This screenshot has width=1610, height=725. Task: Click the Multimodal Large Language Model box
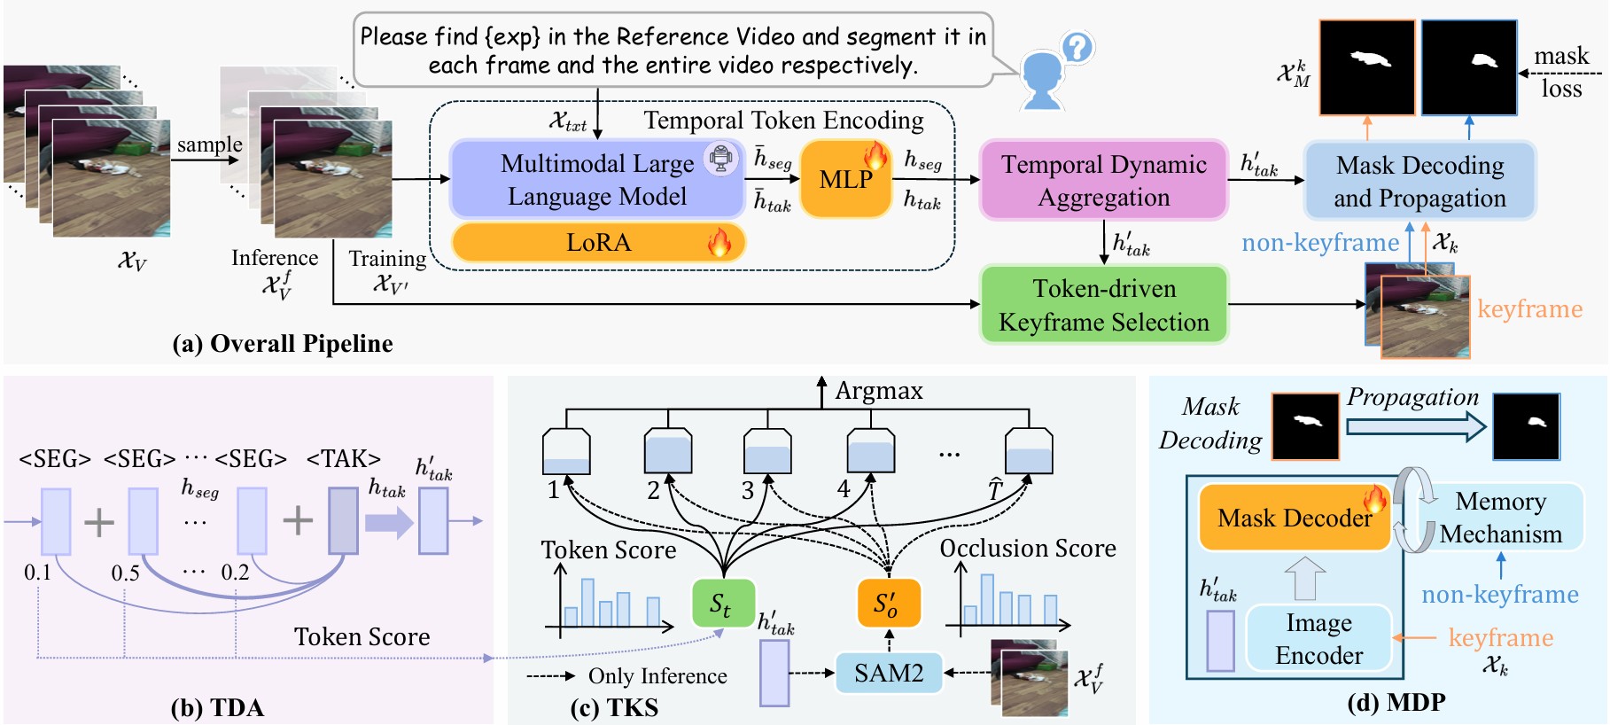[x=596, y=179]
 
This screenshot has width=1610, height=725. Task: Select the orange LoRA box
[x=598, y=242]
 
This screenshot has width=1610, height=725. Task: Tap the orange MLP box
[x=845, y=179]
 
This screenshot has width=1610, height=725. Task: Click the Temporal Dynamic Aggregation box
[x=1103, y=180]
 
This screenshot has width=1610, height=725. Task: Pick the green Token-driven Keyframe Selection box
[x=1103, y=305]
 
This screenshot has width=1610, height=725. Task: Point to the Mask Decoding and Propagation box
[x=1419, y=181]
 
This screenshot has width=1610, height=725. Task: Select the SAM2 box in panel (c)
[x=888, y=673]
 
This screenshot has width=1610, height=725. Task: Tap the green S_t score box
[x=722, y=604]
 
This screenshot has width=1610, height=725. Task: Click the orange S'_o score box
[x=888, y=604]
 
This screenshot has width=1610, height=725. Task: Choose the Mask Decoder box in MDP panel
[x=1294, y=518]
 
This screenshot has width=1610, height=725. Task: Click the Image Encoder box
[x=1318, y=638]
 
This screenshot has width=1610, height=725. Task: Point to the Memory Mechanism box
[x=1500, y=518]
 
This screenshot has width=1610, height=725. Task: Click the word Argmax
[x=878, y=391]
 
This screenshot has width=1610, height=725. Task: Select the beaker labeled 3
[x=767, y=451]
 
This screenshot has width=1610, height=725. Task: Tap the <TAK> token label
[x=343, y=459]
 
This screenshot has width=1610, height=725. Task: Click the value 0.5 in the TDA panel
[x=125, y=573]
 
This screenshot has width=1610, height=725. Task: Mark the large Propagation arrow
[x=1415, y=426]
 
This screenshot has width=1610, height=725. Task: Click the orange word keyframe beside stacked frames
[x=1529, y=308]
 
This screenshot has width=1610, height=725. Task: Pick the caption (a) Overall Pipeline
[x=282, y=344]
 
